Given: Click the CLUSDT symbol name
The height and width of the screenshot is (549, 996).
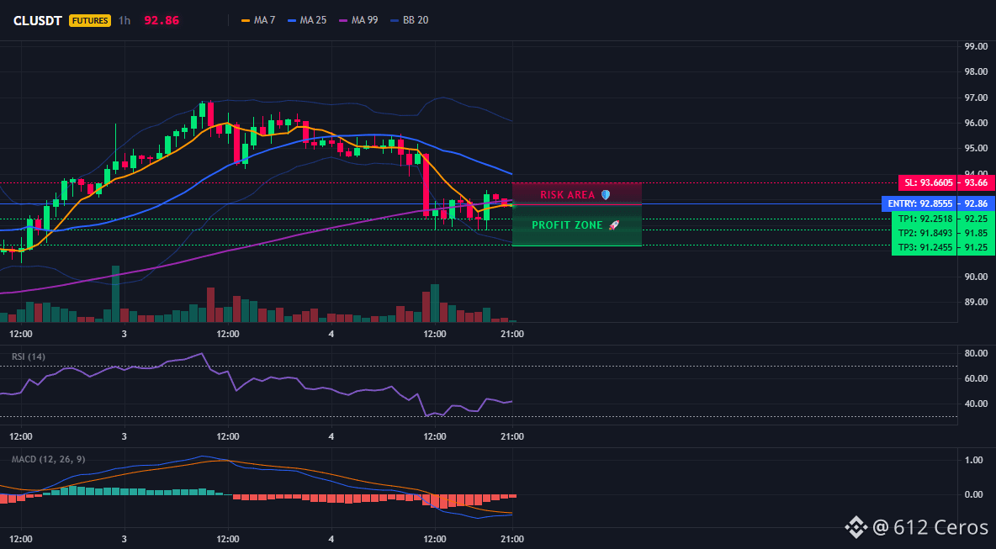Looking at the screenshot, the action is tap(38, 20).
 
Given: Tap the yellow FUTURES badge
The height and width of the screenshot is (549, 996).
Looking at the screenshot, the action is tap(89, 20).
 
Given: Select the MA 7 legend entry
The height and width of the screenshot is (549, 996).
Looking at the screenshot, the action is tap(258, 20).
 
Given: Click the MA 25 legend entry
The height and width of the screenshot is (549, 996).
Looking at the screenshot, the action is tap(307, 20).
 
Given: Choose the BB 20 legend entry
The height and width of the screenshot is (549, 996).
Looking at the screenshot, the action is tap(410, 20).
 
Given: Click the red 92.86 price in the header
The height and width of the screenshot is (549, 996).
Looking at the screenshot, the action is tap(162, 20).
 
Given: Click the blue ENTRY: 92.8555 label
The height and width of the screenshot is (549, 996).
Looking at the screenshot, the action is tap(920, 203).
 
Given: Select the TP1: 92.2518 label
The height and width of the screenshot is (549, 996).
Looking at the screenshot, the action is tap(925, 219).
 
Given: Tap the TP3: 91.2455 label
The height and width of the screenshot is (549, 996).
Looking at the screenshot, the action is tap(925, 247).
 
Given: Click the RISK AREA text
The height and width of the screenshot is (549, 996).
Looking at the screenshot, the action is tap(568, 195).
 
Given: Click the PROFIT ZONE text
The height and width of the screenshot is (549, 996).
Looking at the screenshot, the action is tap(567, 225).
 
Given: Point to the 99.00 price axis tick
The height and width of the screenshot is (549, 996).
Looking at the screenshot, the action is tap(976, 46).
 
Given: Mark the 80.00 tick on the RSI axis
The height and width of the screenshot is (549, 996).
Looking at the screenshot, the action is tap(976, 353).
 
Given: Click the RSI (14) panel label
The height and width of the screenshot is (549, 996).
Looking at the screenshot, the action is tap(29, 356).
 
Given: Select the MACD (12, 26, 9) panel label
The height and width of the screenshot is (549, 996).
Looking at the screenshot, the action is tap(48, 459).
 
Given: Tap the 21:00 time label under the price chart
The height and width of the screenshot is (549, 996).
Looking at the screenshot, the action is tap(512, 334).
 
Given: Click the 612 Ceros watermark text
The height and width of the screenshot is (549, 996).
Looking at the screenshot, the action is tap(941, 527).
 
